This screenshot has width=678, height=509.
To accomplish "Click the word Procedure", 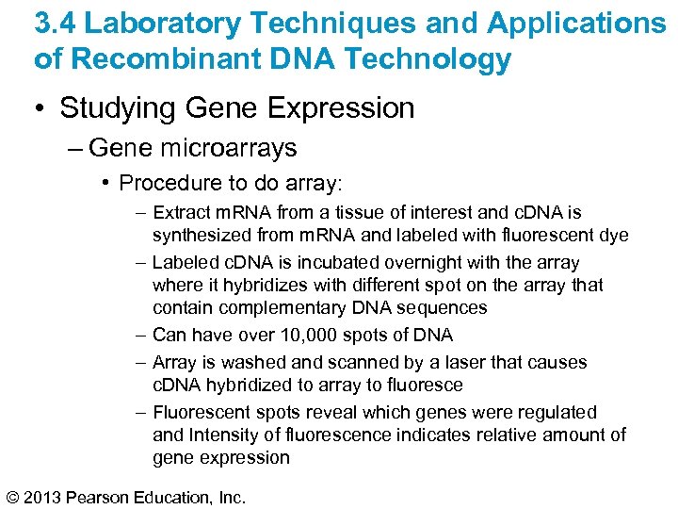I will tap(167, 183).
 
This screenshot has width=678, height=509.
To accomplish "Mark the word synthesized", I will tap(197, 236).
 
